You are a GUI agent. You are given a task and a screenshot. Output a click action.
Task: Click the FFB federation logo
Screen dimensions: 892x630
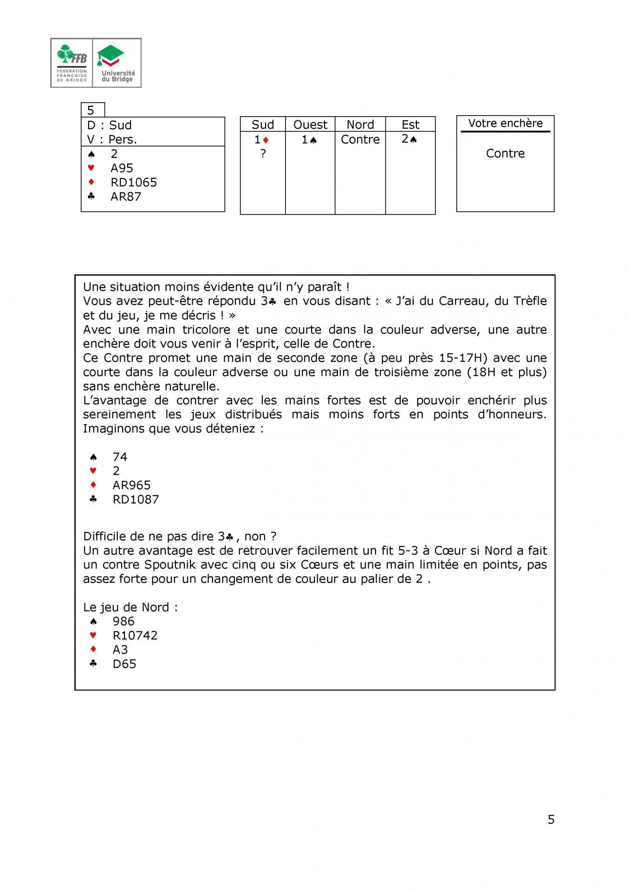72,63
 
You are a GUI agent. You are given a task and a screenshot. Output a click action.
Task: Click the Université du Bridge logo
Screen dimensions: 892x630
117,63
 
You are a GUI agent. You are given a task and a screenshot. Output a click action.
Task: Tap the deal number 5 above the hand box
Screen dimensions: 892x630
91,111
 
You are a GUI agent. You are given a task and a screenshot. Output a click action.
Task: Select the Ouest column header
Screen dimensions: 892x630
310,125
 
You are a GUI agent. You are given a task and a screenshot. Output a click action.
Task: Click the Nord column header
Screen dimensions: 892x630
360,125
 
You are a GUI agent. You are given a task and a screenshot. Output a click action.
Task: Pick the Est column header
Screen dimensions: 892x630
410,125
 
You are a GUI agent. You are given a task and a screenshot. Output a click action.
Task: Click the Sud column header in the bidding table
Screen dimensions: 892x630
263,125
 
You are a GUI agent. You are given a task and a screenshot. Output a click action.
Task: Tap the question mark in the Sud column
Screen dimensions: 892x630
263,153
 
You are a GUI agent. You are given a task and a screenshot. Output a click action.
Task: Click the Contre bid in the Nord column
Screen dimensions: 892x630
360,139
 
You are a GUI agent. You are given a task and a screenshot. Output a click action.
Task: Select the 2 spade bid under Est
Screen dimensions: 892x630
409,139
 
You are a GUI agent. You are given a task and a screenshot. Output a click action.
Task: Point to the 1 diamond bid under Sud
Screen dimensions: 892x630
261,139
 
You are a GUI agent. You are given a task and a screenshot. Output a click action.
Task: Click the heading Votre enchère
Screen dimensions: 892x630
505,123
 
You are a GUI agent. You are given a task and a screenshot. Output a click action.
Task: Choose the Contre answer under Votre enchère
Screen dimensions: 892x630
505,153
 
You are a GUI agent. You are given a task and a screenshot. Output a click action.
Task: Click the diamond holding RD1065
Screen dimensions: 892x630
134,182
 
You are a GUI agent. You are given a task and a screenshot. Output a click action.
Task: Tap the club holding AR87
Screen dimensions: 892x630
126,197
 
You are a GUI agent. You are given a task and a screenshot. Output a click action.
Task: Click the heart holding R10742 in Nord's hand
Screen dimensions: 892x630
135,636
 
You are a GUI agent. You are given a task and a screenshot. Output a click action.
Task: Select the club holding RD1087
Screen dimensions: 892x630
136,499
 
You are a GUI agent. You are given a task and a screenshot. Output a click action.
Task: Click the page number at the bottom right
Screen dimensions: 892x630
551,820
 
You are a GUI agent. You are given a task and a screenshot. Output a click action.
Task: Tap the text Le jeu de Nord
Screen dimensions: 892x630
130,607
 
